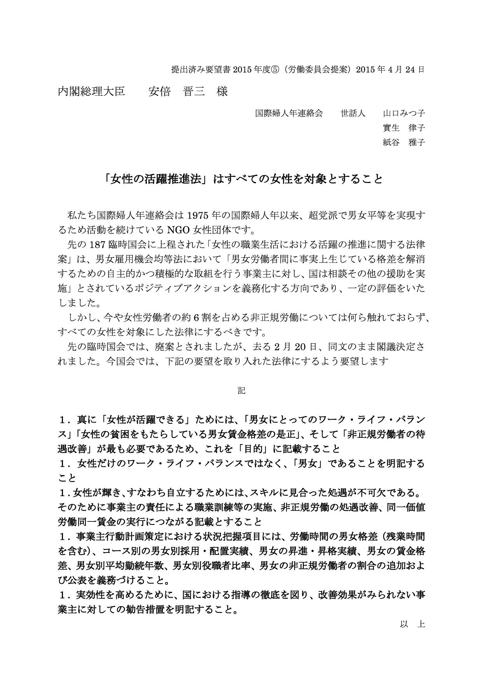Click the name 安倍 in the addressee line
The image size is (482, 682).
[159, 92]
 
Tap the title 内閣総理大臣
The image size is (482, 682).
[91, 92]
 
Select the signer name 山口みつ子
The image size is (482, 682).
[404, 114]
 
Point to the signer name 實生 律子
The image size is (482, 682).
[404, 128]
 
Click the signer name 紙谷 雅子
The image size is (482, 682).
[404, 142]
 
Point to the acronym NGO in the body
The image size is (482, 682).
[181, 230]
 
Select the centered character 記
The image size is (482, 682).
[241, 390]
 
